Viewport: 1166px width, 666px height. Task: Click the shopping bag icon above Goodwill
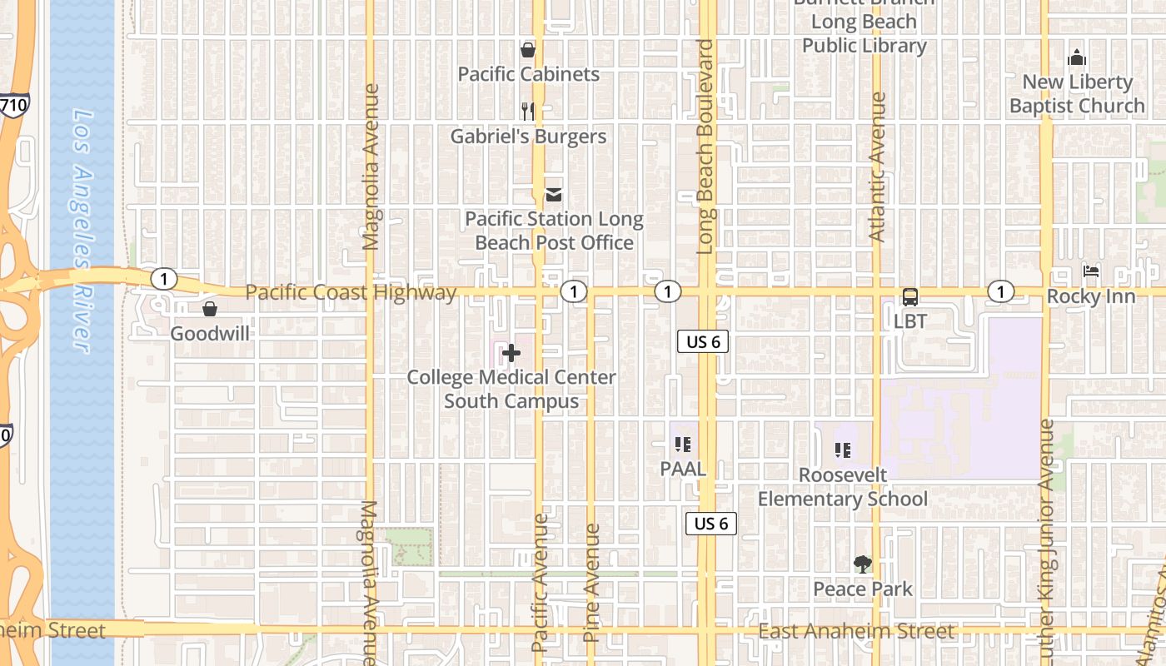point(209,309)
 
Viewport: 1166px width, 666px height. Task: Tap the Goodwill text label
point(210,334)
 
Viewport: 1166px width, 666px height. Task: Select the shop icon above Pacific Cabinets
point(527,50)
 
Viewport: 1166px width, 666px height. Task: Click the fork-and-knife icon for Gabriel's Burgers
point(527,111)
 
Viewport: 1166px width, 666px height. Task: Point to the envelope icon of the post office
point(553,195)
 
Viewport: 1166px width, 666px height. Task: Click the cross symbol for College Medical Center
point(511,355)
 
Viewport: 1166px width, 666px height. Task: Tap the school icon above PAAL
point(683,445)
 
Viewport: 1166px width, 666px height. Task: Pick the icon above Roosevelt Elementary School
point(842,450)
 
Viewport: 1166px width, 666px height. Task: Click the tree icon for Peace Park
point(862,564)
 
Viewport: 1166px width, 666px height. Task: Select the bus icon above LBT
point(910,297)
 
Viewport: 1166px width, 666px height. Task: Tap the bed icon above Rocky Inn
point(1090,271)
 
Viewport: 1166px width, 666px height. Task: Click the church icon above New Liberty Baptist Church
point(1077,58)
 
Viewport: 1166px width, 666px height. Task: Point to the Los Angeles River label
point(81,230)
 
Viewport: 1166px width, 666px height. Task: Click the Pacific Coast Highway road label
point(351,292)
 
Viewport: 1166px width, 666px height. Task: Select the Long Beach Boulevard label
point(706,147)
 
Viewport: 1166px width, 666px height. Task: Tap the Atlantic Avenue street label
point(877,166)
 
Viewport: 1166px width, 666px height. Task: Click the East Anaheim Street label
point(855,632)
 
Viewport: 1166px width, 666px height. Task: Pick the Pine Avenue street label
point(591,583)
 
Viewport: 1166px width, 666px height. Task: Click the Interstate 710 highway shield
point(14,105)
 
